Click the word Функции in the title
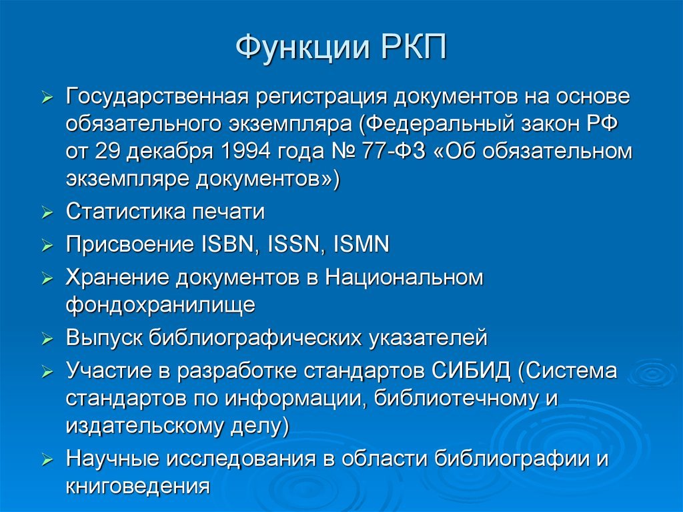point(302,47)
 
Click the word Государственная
point(157,97)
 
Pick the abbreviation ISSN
point(293,244)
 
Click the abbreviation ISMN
point(361,244)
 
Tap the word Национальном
point(404,278)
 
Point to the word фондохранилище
point(160,305)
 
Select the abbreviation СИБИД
point(471,371)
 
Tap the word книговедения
point(137,486)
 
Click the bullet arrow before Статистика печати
point(47,213)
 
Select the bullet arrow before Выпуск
point(47,339)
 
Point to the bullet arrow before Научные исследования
point(47,460)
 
